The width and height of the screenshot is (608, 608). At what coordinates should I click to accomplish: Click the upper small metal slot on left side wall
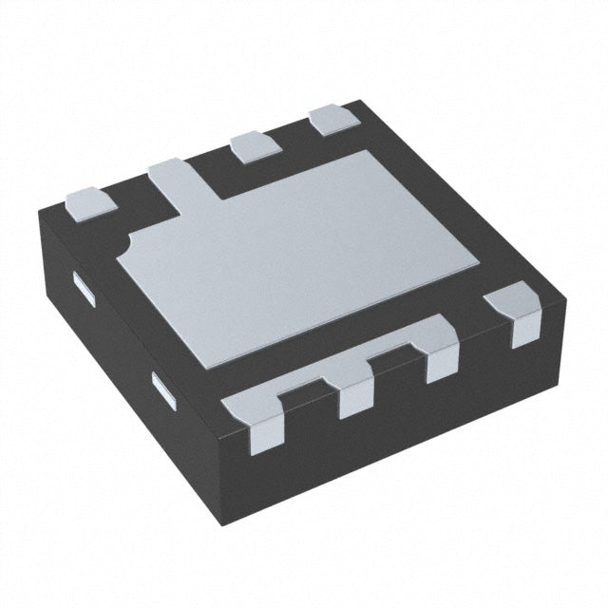click(x=85, y=289)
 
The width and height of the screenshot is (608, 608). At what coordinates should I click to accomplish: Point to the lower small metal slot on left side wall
click(x=164, y=391)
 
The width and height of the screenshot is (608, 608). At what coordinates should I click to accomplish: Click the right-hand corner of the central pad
click(x=475, y=259)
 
